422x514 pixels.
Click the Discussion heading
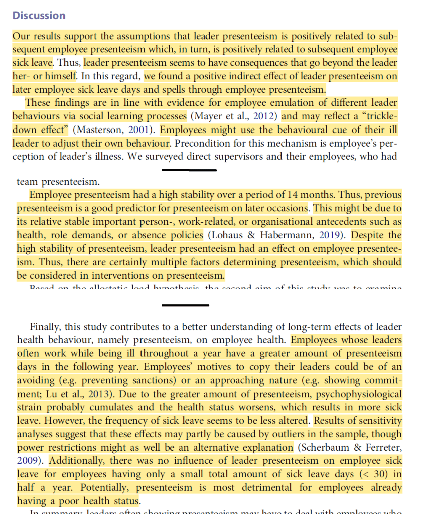pyautogui.click(x=39, y=15)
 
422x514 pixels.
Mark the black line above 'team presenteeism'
pyautogui.click(x=189, y=170)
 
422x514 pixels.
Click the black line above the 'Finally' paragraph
pyautogui.click(x=185, y=305)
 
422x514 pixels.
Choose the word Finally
pyautogui.click(x=47, y=327)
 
